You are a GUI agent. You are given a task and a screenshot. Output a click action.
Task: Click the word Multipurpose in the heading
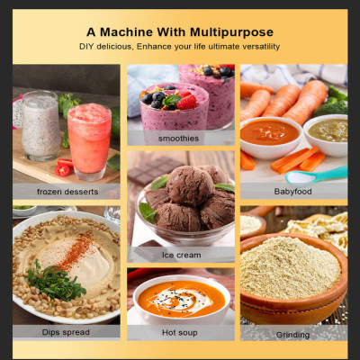coord(231,32)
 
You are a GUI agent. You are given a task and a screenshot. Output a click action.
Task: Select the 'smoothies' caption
coord(178,139)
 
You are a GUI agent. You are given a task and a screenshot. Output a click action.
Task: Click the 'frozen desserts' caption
coord(67,192)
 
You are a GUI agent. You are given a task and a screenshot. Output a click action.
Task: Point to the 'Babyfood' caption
coord(292,192)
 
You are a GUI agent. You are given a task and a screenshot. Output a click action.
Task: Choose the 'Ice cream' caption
coord(182,256)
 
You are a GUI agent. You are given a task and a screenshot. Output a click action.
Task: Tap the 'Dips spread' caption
coord(66,332)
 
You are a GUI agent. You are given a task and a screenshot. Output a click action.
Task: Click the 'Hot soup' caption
coord(180,333)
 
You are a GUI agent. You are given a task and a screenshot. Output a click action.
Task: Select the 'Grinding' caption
coord(292,335)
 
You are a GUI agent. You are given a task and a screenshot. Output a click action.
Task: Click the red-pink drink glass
coord(89,141)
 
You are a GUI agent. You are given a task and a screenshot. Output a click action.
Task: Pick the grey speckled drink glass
coord(41,126)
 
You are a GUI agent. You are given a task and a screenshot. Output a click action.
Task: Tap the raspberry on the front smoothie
coord(186,103)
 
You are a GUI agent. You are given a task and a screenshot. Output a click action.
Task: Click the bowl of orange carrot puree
coord(271,138)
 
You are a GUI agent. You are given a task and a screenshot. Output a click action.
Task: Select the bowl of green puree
coord(327,135)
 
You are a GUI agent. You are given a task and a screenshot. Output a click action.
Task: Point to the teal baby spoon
coord(316,175)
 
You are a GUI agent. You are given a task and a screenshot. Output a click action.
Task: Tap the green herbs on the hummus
coord(55,281)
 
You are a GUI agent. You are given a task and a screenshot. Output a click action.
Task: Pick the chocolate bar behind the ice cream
coord(155,170)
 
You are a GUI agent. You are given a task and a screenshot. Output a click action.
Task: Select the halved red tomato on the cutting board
coord(62,170)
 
